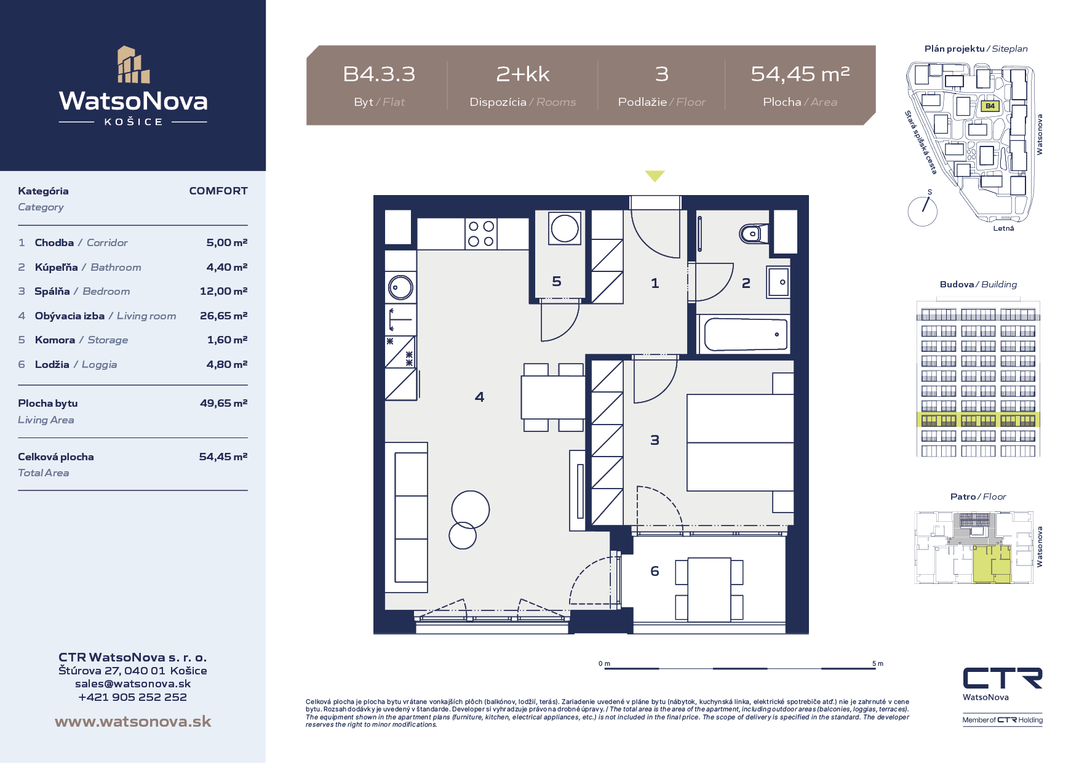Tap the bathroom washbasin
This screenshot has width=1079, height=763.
(778, 282)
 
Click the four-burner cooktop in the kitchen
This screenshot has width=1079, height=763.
(481, 234)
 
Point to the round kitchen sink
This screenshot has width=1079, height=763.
(400, 287)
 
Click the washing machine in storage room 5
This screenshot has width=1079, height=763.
(565, 228)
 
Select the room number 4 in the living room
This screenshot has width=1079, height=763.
(480, 397)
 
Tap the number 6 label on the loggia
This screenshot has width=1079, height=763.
(655, 571)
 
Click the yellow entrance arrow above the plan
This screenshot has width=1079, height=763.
(655, 176)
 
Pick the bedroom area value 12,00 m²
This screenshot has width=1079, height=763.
(223, 291)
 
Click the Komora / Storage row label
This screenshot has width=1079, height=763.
(81, 340)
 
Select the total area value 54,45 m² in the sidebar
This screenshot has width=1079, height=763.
(223, 457)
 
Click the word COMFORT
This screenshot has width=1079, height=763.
(218, 191)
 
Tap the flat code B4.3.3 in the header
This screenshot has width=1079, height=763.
(379, 74)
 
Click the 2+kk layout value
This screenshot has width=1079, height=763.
(523, 74)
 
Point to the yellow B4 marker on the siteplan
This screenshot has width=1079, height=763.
(990, 106)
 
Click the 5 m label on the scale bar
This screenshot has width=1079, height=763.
(878, 663)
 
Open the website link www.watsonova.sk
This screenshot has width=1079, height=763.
(133, 721)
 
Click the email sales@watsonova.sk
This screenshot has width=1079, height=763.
(133, 684)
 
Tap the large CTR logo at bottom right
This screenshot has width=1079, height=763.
(1003, 678)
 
